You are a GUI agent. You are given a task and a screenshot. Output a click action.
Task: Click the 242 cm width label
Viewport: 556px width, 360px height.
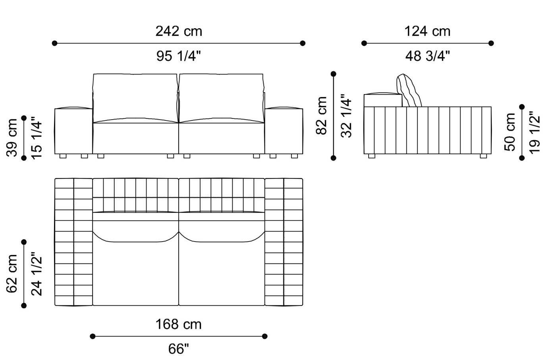pyautogui.click(x=179, y=31)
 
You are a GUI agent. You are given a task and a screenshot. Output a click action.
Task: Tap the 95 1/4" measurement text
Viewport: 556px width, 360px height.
pyautogui.click(x=179, y=56)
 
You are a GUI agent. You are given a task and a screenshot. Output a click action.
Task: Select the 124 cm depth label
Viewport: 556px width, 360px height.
pyautogui.click(x=427, y=31)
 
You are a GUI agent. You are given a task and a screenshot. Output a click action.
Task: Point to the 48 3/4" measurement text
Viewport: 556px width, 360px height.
pyautogui.click(x=427, y=56)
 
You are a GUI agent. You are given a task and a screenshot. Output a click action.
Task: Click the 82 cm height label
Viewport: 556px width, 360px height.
pyautogui.click(x=322, y=116)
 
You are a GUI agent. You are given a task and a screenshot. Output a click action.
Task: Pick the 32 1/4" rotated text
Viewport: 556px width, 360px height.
pyautogui.click(x=346, y=116)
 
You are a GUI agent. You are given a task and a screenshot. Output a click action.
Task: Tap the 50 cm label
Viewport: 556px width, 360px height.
pyautogui.click(x=510, y=132)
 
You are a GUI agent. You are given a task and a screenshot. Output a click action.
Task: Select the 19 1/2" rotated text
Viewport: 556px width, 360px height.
pyautogui.click(x=535, y=132)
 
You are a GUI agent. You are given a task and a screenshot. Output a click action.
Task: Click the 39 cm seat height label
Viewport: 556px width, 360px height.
pyautogui.click(x=12, y=137)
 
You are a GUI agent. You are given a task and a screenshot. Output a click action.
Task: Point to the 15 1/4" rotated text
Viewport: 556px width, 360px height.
pyautogui.click(x=36, y=137)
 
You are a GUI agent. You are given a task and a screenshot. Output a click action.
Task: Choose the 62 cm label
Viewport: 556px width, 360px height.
pyautogui.click(x=12, y=274)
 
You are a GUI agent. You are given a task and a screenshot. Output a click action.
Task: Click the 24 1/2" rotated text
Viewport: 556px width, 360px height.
pyautogui.click(x=36, y=274)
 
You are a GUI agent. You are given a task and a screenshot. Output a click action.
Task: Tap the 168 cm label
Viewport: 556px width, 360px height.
pyautogui.click(x=179, y=324)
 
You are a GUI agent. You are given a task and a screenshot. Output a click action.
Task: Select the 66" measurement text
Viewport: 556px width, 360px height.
pyautogui.click(x=179, y=349)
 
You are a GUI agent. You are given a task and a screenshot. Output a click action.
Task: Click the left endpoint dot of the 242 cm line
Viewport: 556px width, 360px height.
pyautogui.click(x=55, y=43)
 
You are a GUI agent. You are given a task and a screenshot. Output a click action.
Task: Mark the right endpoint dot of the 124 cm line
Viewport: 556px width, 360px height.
pyautogui.click(x=491, y=43)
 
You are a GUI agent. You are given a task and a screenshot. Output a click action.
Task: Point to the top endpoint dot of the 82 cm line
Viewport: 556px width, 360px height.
pyautogui.click(x=333, y=74)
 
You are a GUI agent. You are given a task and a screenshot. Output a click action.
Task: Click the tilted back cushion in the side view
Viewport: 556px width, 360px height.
pyautogui.click(x=409, y=91)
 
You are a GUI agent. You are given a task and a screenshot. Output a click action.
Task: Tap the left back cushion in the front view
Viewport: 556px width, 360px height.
pyautogui.click(x=135, y=97)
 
